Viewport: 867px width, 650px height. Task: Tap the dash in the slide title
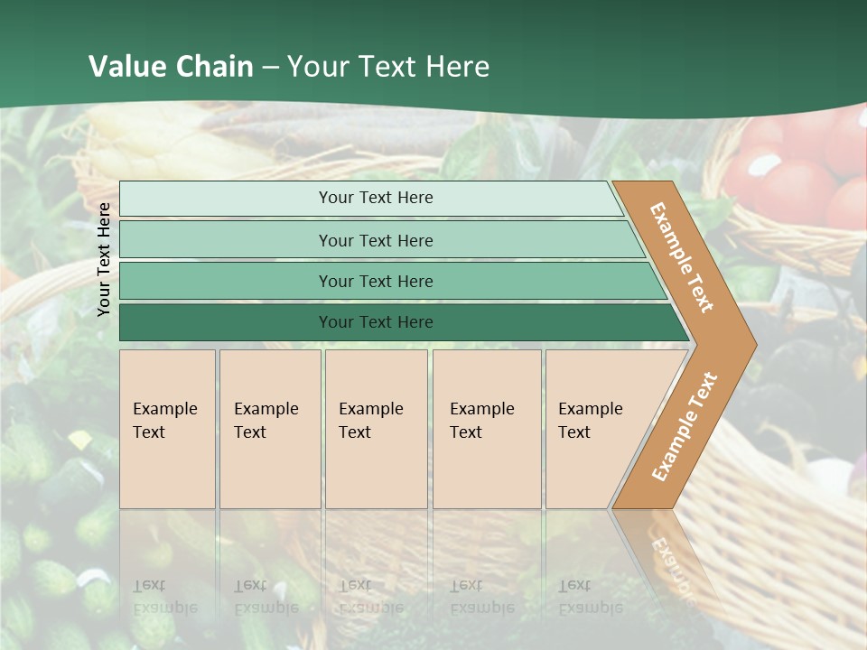point(272,68)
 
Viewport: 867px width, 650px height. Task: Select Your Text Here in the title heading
point(388,67)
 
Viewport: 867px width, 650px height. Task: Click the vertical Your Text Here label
point(104,259)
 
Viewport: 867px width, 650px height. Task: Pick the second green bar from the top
point(376,240)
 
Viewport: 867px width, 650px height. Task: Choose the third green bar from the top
point(376,281)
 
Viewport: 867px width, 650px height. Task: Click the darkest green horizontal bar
point(376,322)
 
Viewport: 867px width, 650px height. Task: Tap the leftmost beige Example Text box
point(167,429)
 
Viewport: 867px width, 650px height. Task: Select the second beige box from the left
point(270,429)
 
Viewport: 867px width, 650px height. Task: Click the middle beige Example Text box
point(376,429)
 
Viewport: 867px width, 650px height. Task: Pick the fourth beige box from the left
point(487,429)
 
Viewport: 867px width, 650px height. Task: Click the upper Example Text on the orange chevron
point(682,257)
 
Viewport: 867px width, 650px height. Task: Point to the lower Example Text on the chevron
point(684,426)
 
